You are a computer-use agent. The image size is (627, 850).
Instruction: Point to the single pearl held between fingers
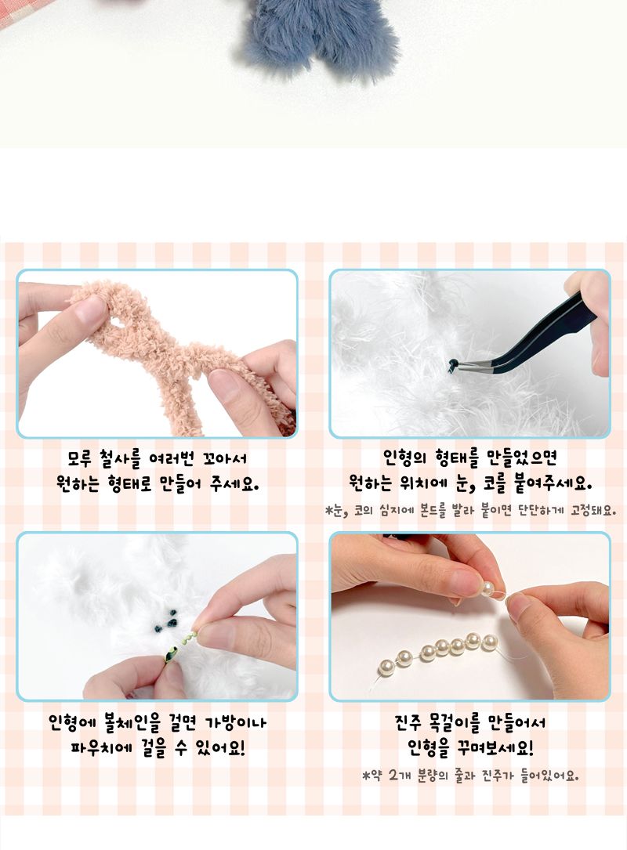(x=490, y=588)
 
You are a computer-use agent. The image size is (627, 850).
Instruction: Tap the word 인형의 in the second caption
(x=401, y=457)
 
